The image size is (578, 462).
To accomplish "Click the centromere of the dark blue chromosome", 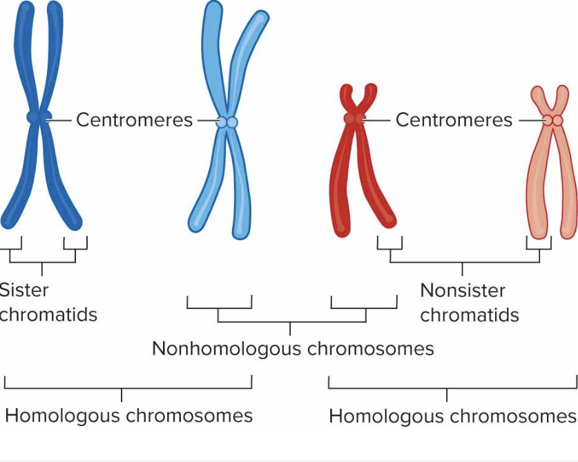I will pyautogui.click(x=39, y=117).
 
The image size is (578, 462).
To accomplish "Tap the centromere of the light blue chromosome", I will pyautogui.click(x=227, y=122).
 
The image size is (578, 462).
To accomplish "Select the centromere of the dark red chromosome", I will pyautogui.click(x=354, y=119).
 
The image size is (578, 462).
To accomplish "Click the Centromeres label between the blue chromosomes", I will pyautogui.click(x=134, y=120).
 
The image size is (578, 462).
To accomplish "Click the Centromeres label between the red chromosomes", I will pyautogui.click(x=454, y=120).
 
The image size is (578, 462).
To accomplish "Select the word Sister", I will pyautogui.click(x=24, y=290).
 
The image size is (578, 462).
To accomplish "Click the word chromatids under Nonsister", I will pyautogui.click(x=469, y=315).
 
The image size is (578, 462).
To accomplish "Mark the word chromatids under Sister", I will pyautogui.click(x=48, y=315).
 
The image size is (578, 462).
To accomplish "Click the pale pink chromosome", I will pyautogui.click(x=546, y=187).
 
